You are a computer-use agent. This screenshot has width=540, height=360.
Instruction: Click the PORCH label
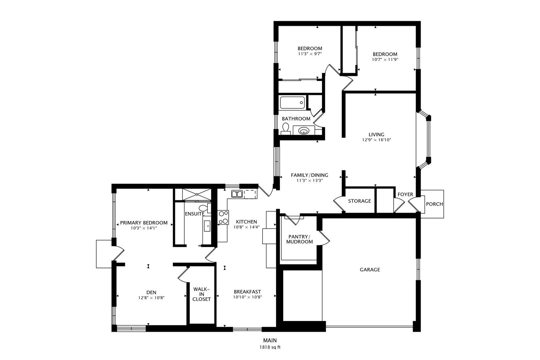click(435, 204)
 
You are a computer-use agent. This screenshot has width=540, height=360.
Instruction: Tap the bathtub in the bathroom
click(292, 103)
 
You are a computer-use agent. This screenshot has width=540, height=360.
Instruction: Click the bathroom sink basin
click(304, 131)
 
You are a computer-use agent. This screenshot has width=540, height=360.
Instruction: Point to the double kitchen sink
click(237, 194)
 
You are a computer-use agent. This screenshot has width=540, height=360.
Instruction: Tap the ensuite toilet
click(204, 208)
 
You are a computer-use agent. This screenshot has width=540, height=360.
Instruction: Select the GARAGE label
click(370, 270)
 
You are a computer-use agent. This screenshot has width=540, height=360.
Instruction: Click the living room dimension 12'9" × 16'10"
click(376, 140)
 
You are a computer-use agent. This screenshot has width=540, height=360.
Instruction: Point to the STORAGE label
click(359, 201)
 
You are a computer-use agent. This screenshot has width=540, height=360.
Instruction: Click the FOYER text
click(405, 194)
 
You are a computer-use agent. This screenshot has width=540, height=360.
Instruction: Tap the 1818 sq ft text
click(270, 347)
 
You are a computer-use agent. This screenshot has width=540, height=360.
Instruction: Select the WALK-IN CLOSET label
click(202, 294)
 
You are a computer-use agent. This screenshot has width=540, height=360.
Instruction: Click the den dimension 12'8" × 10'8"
click(151, 298)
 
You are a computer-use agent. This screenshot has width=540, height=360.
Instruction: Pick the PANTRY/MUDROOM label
click(299, 239)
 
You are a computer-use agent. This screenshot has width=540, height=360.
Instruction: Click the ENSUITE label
click(195, 214)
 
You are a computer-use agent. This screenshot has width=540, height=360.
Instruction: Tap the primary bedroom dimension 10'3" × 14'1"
click(144, 228)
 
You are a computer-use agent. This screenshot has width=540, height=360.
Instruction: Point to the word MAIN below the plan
click(270, 340)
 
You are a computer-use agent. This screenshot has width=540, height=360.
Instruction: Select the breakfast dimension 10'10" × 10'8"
click(247, 297)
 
